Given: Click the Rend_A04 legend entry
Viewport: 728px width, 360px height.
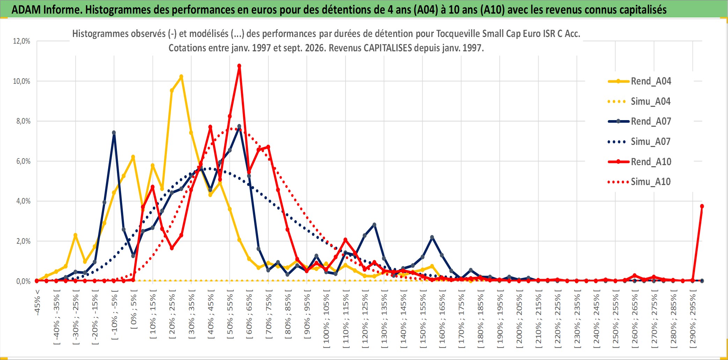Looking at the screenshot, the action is click(x=639, y=81).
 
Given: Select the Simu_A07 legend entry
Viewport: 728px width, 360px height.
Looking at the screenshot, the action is click(x=639, y=141).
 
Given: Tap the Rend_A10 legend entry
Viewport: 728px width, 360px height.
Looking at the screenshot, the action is click(x=639, y=162).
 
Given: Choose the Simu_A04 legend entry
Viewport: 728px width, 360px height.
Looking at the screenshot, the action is click(x=639, y=101).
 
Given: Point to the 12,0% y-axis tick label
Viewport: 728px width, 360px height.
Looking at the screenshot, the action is click(x=22, y=41).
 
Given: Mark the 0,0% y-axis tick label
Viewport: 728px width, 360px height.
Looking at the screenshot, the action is click(x=23, y=281).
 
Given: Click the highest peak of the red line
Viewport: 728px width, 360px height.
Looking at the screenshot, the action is click(x=239, y=66).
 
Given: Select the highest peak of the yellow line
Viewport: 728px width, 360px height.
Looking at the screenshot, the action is click(x=181, y=76).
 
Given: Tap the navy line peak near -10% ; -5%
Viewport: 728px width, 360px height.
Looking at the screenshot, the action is click(x=114, y=133).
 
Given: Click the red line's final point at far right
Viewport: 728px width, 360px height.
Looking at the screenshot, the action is click(x=702, y=206).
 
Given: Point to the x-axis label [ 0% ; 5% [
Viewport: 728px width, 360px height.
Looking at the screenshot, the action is click(x=134, y=309).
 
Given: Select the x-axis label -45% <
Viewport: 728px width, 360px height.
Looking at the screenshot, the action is click(x=37, y=302).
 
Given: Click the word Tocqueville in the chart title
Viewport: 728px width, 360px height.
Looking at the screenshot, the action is click(x=458, y=34).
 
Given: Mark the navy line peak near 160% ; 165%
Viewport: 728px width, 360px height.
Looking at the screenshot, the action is click(x=432, y=237).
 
